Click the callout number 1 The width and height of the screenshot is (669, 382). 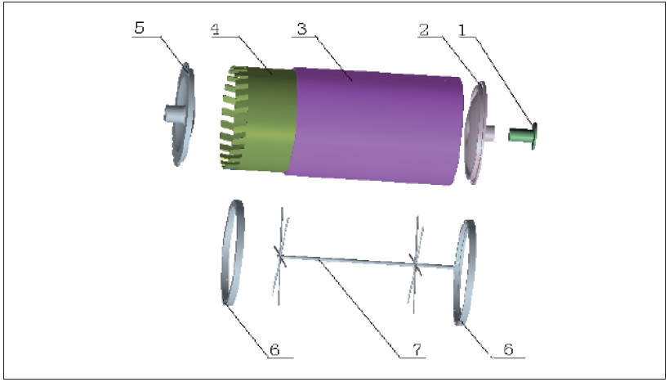pyautogui.click(x=462, y=30)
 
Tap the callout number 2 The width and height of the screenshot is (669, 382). pyautogui.click(x=424, y=30)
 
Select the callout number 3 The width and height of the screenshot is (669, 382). pyautogui.click(x=301, y=29)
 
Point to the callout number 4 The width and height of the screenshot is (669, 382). pyautogui.click(x=215, y=29)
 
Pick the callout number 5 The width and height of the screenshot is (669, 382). pyautogui.click(x=139, y=28)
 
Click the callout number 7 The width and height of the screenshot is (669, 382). pyautogui.click(x=417, y=350)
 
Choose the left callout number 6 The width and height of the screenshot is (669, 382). pyautogui.click(x=274, y=350)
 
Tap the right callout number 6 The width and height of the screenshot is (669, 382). pyautogui.click(x=508, y=349)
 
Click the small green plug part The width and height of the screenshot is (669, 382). pyautogui.click(x=523, y=136)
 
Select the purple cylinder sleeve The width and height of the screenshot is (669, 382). pyautogui.click(x=375, y=126)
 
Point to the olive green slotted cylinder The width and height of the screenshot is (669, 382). pyautogui.click(x=257, y=119)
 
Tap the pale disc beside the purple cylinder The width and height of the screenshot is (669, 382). pyautogui.click(x=476, y=133)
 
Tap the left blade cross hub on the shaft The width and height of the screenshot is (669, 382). pyautogui.click(x=280, y=256)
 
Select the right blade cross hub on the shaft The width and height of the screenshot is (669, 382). pyautogui.click(x=415, y=265)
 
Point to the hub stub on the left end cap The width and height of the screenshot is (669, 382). pyautogui.click(x=174, y=115)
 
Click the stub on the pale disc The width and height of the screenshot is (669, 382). pyautogui.click(x=489, y=133)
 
